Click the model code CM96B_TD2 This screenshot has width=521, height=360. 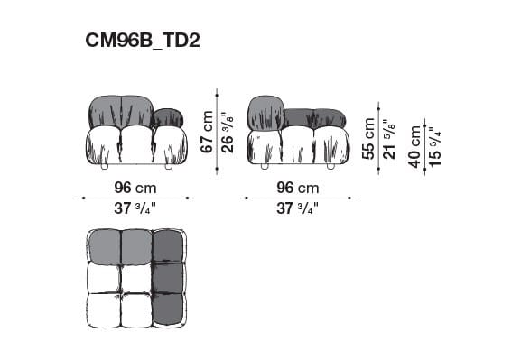coord(143,41)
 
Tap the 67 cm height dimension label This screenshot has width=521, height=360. coord(207,133)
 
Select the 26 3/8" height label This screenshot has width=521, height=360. coord(228,133)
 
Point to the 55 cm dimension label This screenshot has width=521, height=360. coord(368,138)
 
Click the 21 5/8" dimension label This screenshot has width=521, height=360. coord(388,138)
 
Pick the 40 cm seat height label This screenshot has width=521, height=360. coord(414,145)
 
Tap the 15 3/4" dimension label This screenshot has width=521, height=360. coord(434,145)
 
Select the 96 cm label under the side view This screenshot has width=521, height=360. coord(298,188)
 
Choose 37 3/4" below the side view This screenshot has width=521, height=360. coord(298,208)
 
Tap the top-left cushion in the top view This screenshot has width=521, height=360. coord(104,245)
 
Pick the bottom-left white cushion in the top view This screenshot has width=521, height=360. coord(104,309)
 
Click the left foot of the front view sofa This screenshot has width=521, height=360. coord(105,167)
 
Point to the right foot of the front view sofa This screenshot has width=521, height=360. coord(168,167)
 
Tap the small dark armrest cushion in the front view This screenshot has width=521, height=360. coord(168,117)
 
